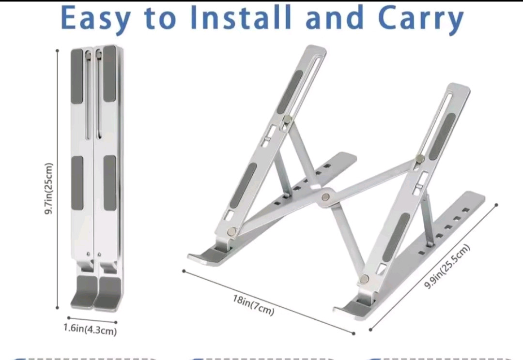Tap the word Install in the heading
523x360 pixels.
(x=240, y=17)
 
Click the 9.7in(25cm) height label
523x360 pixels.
(x=49, y=189)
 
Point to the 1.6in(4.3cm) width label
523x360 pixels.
(x=90, y=330)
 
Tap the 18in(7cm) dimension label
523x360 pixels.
(x=253, y=305)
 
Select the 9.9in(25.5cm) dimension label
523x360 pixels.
(x=447, y=267)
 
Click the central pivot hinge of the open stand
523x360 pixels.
(x=326, y=197)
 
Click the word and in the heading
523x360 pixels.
(x=334, y=17)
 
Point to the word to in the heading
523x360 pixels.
(x=160, y=18)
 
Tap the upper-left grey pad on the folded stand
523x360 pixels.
(x=77, y=76)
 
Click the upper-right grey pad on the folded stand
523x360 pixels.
(x=109, y=74)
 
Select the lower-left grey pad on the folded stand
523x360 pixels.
(x=77, y=183)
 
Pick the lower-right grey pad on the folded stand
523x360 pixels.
(x=110, y=183)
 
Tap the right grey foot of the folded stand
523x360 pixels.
(x=108, y=293)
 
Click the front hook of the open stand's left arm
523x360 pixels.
(x=207, y=256)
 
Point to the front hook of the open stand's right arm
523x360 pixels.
(x=353, y=308)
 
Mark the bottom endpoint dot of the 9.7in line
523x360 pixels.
(x=58, y=308)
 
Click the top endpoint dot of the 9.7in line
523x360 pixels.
(x=57, y=51)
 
